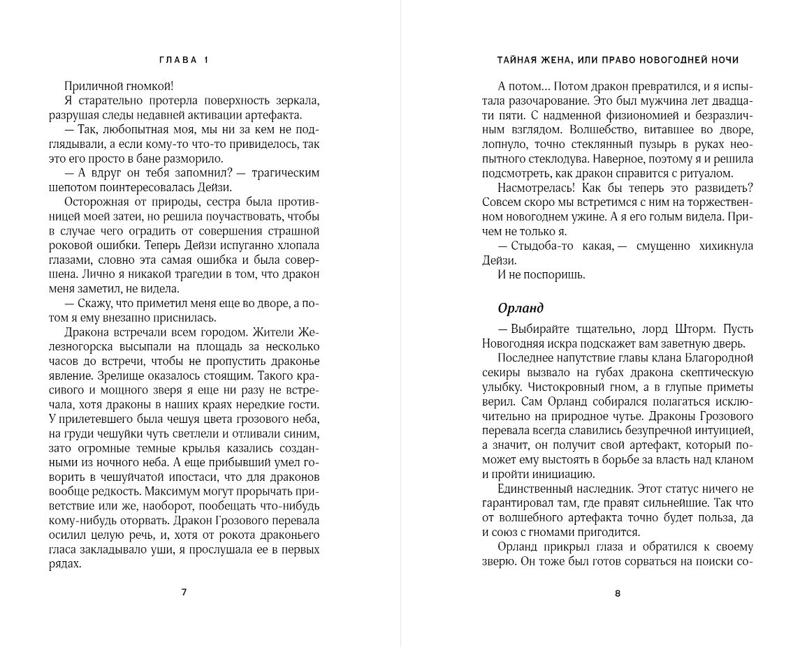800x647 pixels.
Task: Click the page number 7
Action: (184, 592)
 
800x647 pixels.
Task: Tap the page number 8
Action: (617, 593)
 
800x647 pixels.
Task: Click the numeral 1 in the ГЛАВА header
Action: (206, 60)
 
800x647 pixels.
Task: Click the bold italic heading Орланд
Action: (521, 308)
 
